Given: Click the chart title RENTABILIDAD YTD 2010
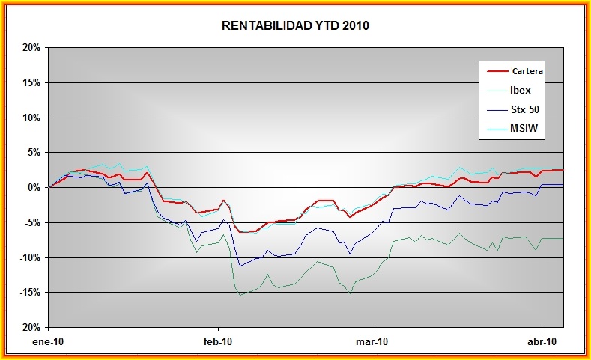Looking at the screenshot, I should pos(295,26).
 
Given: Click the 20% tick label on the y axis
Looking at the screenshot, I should pos(31,47).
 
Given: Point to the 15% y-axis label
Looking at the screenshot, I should pos(31,82).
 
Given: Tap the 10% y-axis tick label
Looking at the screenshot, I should pos(31,118).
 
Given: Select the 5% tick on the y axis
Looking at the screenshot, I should pos(33,153).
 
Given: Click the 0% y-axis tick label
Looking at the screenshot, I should pos(33,188).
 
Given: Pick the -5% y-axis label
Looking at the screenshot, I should pos(31,222).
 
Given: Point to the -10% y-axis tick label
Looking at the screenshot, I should pos(29,257).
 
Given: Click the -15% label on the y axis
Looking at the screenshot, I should pos(29,293).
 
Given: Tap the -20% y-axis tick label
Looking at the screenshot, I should pos(29,328).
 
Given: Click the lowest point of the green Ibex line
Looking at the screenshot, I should pos(240,295).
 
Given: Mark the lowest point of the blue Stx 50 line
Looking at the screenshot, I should pos(240,266).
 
